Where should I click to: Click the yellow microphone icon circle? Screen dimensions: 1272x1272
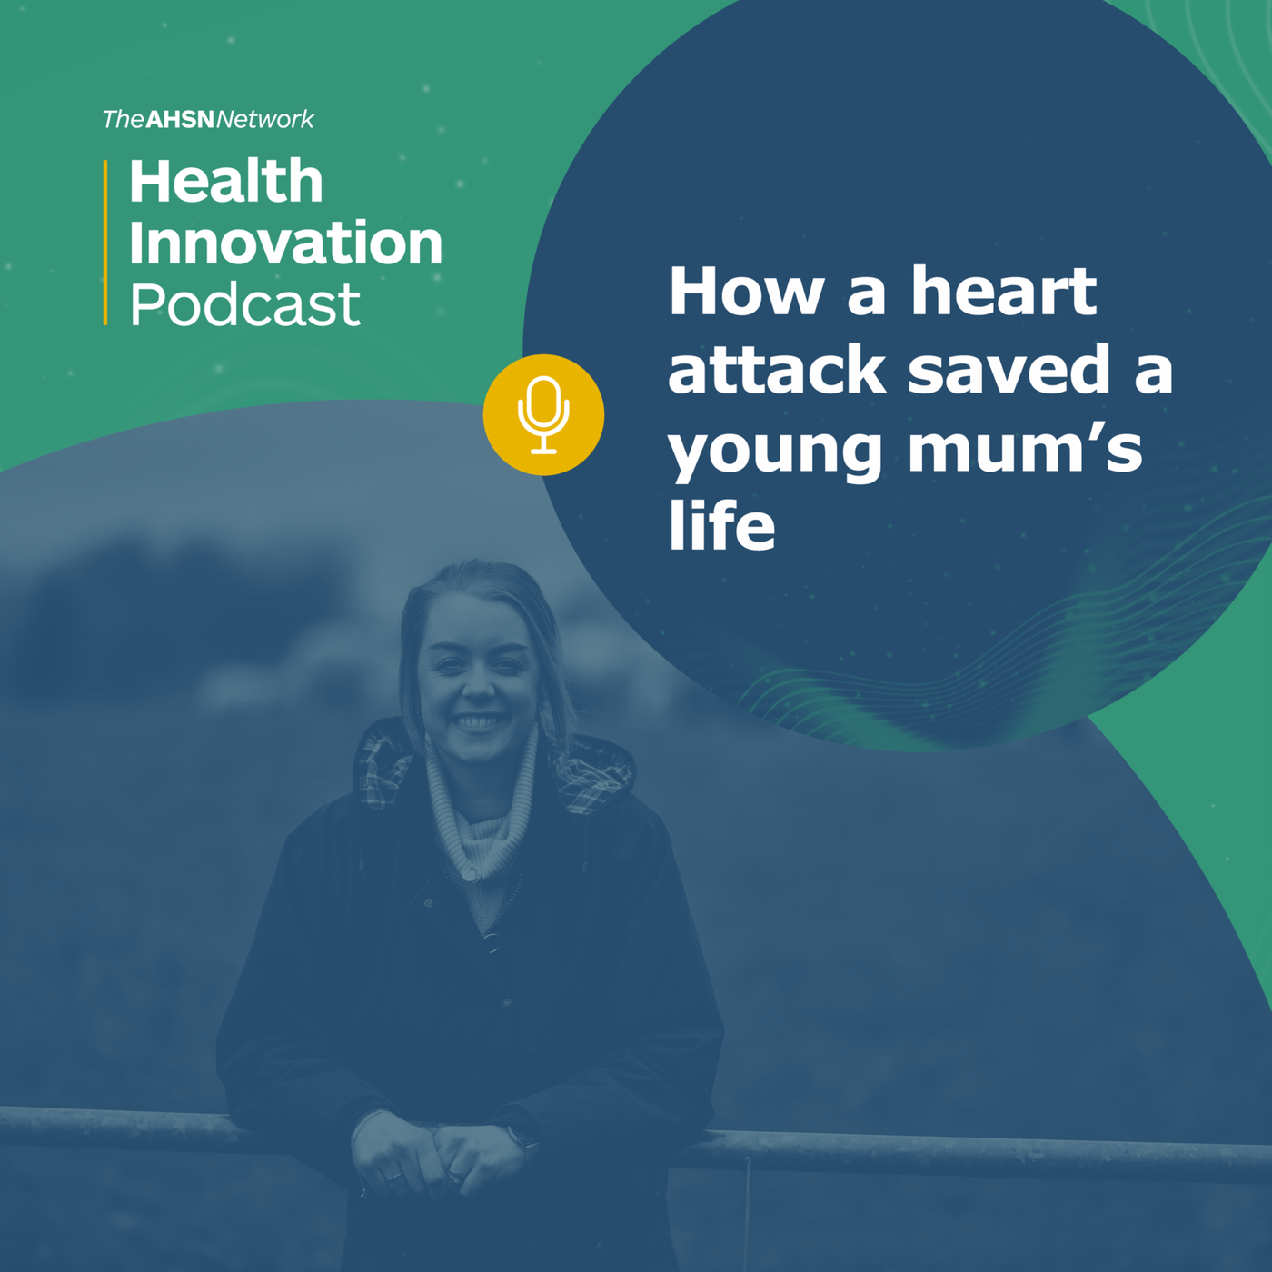(x=543, y=414)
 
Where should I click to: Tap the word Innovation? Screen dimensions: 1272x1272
(x=285, y=243)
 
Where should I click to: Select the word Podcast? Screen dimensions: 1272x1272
(x=245, y=303)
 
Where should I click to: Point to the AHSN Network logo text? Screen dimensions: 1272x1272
(x=208, y=119)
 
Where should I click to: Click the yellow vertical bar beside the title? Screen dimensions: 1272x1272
(x=105, y=242)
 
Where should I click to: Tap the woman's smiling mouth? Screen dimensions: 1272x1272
(x=478, y=720)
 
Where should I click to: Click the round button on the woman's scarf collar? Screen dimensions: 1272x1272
(x=472, y=875)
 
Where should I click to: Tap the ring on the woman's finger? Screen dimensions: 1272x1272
(x=393, y=1175)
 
